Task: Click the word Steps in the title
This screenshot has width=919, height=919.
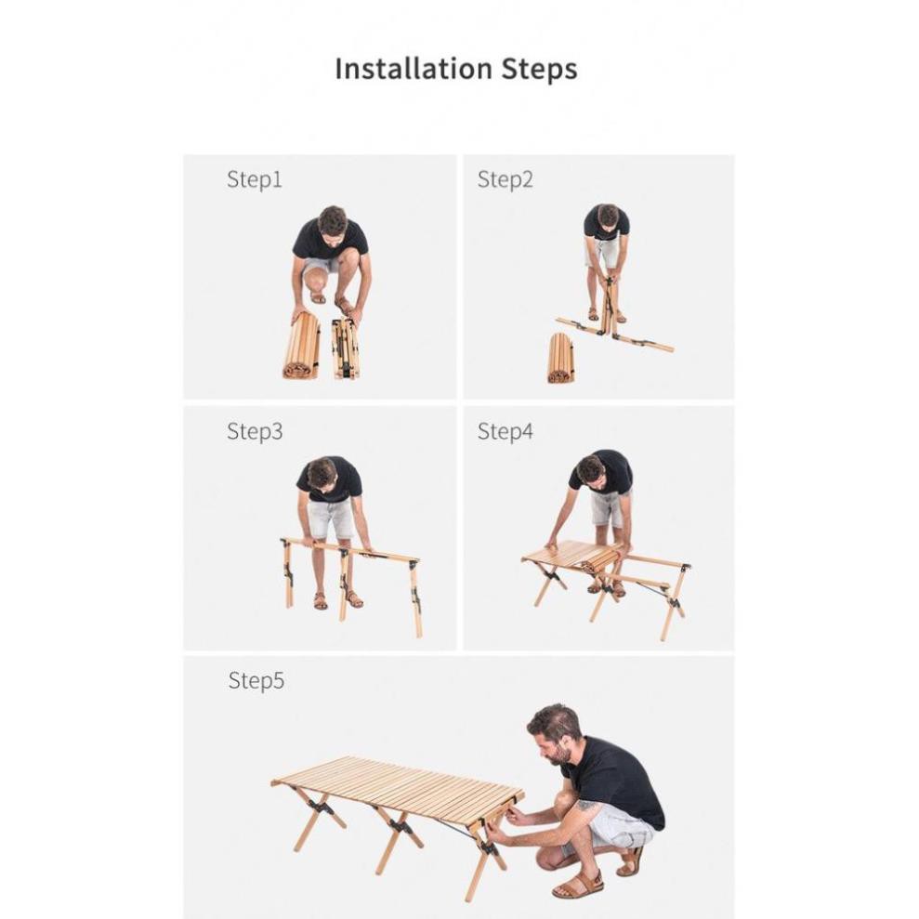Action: tap(539, 70)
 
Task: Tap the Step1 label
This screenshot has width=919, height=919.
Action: tap(255, 179)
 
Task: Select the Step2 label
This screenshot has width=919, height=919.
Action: tap(505, 179)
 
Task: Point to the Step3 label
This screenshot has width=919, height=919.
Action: tap(255, 431)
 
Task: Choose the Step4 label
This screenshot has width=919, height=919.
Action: tap(505, 431)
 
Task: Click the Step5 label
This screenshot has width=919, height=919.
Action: tap(256, 680)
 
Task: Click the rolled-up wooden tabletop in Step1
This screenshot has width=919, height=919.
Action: tap(302, 346)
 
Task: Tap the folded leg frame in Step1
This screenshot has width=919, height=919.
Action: tap(346, 349)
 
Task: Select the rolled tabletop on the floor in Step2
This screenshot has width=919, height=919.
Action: tap(561, 358)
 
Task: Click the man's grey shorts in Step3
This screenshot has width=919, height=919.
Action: tap(331, 517)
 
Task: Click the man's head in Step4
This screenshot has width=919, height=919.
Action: tap(591, 469)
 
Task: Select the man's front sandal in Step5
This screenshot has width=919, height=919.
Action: tap(578, 885)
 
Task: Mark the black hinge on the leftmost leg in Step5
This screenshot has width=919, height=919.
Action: tap(320, 807)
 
